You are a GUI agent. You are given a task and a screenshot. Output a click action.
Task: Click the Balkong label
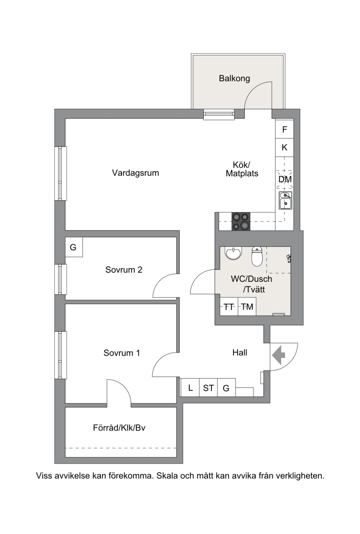coord(234,79)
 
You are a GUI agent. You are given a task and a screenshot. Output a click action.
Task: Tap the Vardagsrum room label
coord(135,172)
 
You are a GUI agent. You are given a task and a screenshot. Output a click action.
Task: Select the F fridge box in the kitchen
coord(284,129)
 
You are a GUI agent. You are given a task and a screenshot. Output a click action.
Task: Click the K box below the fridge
coord(284,148)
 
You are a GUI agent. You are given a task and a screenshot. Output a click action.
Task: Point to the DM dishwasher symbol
coord(285,179)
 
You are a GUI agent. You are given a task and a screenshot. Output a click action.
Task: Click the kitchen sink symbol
coord(285,200)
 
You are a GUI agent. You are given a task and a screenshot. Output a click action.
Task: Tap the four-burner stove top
coord(241,222)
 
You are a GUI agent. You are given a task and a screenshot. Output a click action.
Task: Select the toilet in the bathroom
coord(257,256)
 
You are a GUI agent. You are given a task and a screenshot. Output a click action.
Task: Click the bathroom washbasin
coord(233,253)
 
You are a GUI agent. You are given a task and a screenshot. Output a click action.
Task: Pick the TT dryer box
coord(229,307)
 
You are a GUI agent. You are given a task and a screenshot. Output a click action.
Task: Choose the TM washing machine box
coord(247,307)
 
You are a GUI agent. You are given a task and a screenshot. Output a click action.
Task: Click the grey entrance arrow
coord(279,355)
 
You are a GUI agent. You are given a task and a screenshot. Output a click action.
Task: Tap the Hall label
coord(240,353)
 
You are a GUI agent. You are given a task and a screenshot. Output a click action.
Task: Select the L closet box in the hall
coord(190,388)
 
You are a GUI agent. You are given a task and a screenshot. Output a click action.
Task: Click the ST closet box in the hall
coord(208,388)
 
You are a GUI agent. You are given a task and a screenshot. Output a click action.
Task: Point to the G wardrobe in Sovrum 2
coord(73,247)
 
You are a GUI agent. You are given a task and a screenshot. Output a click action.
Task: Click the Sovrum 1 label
coord(122,353)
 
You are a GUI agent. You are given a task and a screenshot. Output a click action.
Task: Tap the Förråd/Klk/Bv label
coord(119,428)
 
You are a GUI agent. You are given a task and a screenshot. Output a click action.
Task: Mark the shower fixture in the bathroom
coord(289,258)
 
